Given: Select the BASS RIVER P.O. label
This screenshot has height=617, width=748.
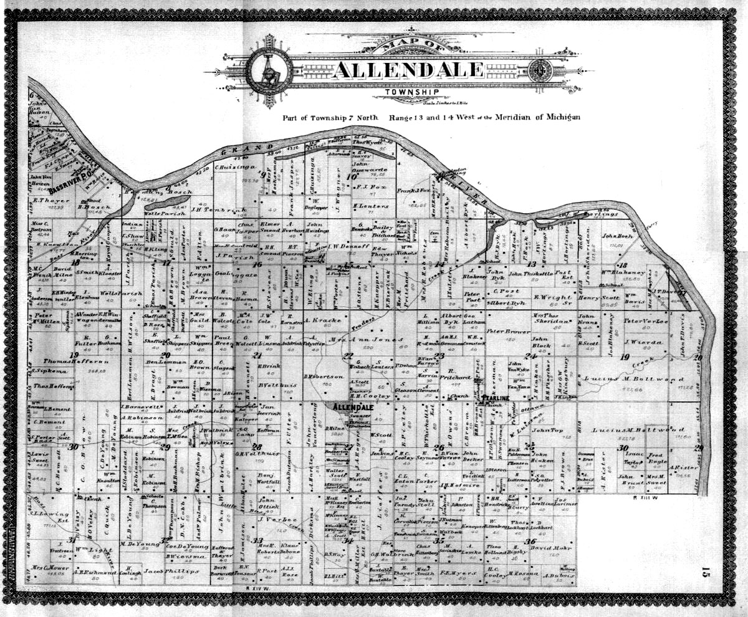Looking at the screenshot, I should [x=71, y=180].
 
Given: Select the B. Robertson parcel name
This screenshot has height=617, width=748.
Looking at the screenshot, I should [x=323, y=376].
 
